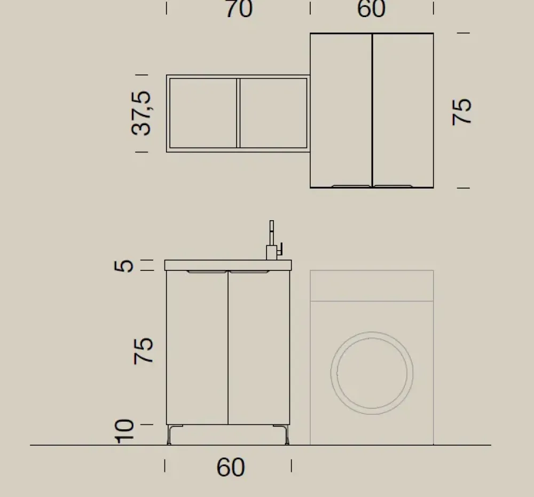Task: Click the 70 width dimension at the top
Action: pyautogui.click(x=239, y=9)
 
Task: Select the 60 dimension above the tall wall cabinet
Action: pyautogui.click(x=371, y=9)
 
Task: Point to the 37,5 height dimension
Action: pyautogui.click(x=142, y=113)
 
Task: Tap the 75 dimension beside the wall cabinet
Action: pyautogui.click(x=462, y=111)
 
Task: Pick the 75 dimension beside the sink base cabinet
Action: pyautogui.click(x=144, y=351)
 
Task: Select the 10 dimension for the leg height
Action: pyautogui.click(x=124, y=431)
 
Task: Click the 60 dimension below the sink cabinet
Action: pyautogui.click(x=231, y=468)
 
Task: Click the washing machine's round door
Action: pyautogui.click(x=372, y=372)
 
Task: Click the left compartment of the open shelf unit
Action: pyautogui.click(x=203, y=113)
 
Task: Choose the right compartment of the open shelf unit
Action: pyautogui.click(x=273, y=113)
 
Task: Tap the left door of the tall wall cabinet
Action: pyautogui.click(x=341, y=110)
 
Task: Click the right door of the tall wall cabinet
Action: pyautogui.click(x=403, y=110)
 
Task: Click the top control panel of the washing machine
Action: pyautogui.click(x=372, y=286)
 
